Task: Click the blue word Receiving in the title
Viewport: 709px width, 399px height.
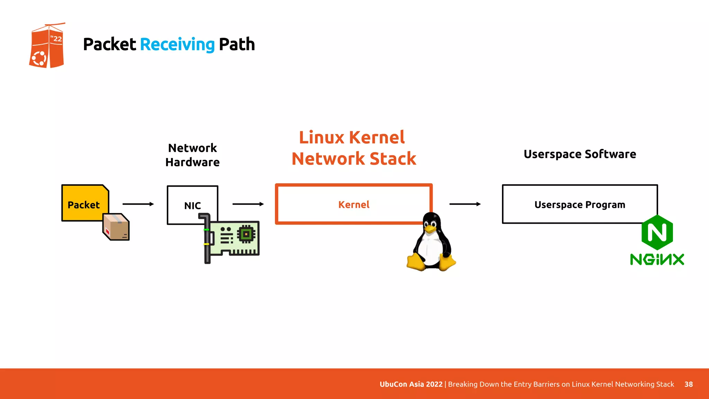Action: (x=177, y=44)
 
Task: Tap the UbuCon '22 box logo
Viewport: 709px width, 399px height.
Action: (x=47, y=46)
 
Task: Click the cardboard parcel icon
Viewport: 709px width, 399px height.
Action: (x=116, y=227)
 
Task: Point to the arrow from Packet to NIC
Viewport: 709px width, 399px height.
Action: (x=138, y=204)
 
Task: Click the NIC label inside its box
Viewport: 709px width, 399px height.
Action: (x=192, y=206)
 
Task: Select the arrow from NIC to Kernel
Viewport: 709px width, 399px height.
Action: (x=248, y=204)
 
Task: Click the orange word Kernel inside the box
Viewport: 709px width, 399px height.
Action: (x=354, y=205)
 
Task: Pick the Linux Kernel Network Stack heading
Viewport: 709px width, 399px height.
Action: (x=353, y=148)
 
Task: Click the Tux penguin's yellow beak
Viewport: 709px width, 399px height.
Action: (x=430, y=228)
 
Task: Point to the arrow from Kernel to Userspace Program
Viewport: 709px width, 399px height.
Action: (x=465, y=204)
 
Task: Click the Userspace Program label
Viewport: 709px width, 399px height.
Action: (x=580, y=205)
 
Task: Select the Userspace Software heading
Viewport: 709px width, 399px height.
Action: (x=580, y=154)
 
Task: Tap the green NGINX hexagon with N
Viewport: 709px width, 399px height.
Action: (x=657, y=232)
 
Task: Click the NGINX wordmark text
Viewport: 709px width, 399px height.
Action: (x=657, y=259)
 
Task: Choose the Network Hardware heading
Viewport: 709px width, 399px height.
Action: (x=192, y=155)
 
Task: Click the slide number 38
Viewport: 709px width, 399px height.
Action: (x=689, y=384)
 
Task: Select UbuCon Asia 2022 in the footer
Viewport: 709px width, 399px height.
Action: (x=411, y=384)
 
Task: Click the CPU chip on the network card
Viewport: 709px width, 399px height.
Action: (x=246, y=234)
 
